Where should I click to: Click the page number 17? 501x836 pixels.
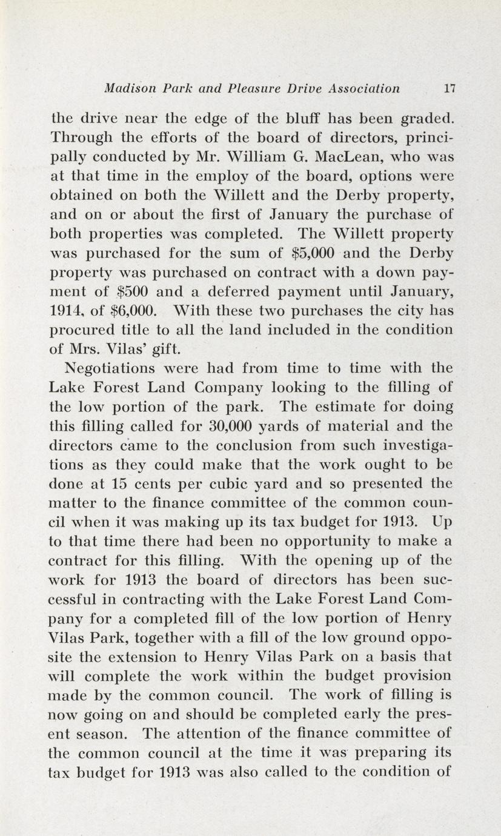pos(449,88)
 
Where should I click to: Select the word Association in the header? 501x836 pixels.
pos(363,88)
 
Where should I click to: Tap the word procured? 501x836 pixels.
pos(80,330)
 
